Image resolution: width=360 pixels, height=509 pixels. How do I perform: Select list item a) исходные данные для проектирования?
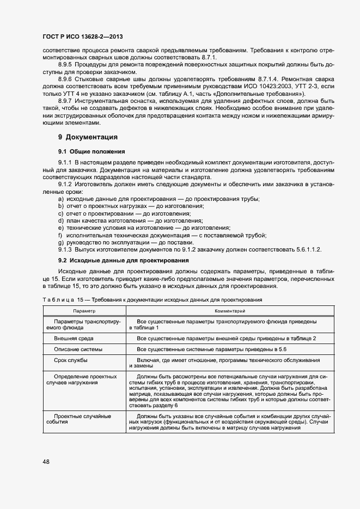pyautogui.click(x=158, y=199)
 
